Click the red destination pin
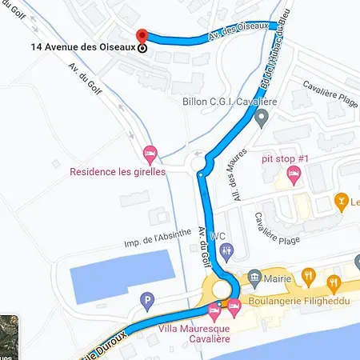pos(142,37)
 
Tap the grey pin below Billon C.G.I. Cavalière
pos(261,119)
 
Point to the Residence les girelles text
pos(117,171)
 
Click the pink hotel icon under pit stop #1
pos(291,178)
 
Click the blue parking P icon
pos(146,302)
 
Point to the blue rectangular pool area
pos(120,273)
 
